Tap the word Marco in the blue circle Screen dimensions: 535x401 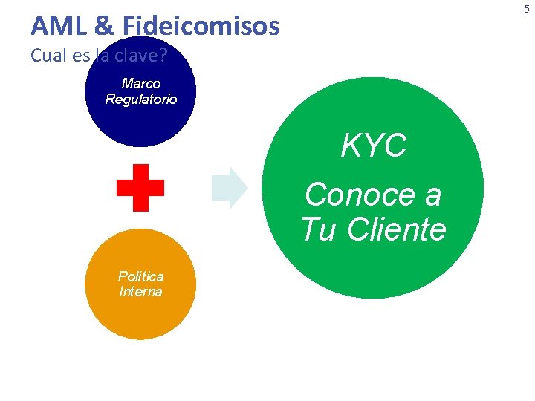click(141, 83)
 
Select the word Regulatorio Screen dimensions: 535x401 click(141, 99)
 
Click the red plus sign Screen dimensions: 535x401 click(140, 188)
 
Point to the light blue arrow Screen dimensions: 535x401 click(229, 188)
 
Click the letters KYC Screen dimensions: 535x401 click(373, 146)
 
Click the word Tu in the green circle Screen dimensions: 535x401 click(318, 229)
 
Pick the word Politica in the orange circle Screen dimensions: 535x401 click(140, 276)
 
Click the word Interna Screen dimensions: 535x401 click(140, 291)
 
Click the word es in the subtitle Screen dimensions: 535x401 click(82, 55)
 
